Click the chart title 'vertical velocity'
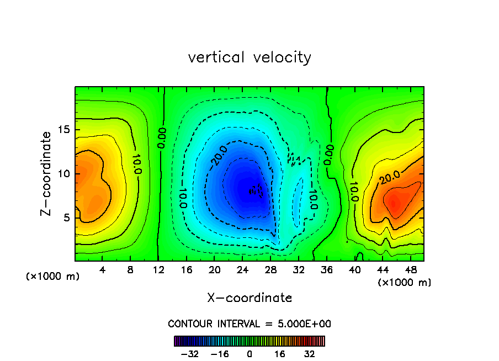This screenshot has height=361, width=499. (x=250, y=57)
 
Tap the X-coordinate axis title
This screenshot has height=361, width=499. (x=250, y=298)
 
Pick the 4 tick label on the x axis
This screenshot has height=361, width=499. (x=103, y=270)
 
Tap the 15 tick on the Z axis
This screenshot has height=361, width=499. (x=62, y=130)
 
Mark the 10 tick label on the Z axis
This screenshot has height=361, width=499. (x=62, y=173)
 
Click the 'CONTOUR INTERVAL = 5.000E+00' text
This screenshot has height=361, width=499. (x=250, y=323)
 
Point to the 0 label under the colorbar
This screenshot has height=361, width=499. (x=250, y=354)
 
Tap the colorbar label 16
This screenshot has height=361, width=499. (x=280, y=354)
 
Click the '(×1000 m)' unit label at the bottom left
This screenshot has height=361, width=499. (x=53, y=277)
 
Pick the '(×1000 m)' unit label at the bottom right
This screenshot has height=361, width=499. (x=405, y=283)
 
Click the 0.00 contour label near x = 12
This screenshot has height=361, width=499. (x=162, y=137)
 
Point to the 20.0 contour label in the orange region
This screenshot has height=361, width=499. (x=390, y=177)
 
